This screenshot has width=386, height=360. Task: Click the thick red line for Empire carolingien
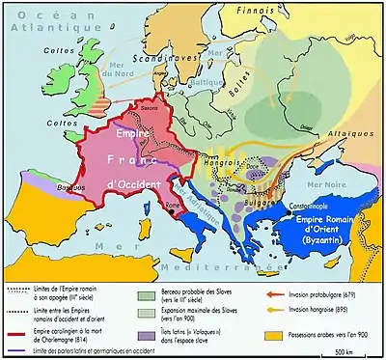click(x=14, y=321)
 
